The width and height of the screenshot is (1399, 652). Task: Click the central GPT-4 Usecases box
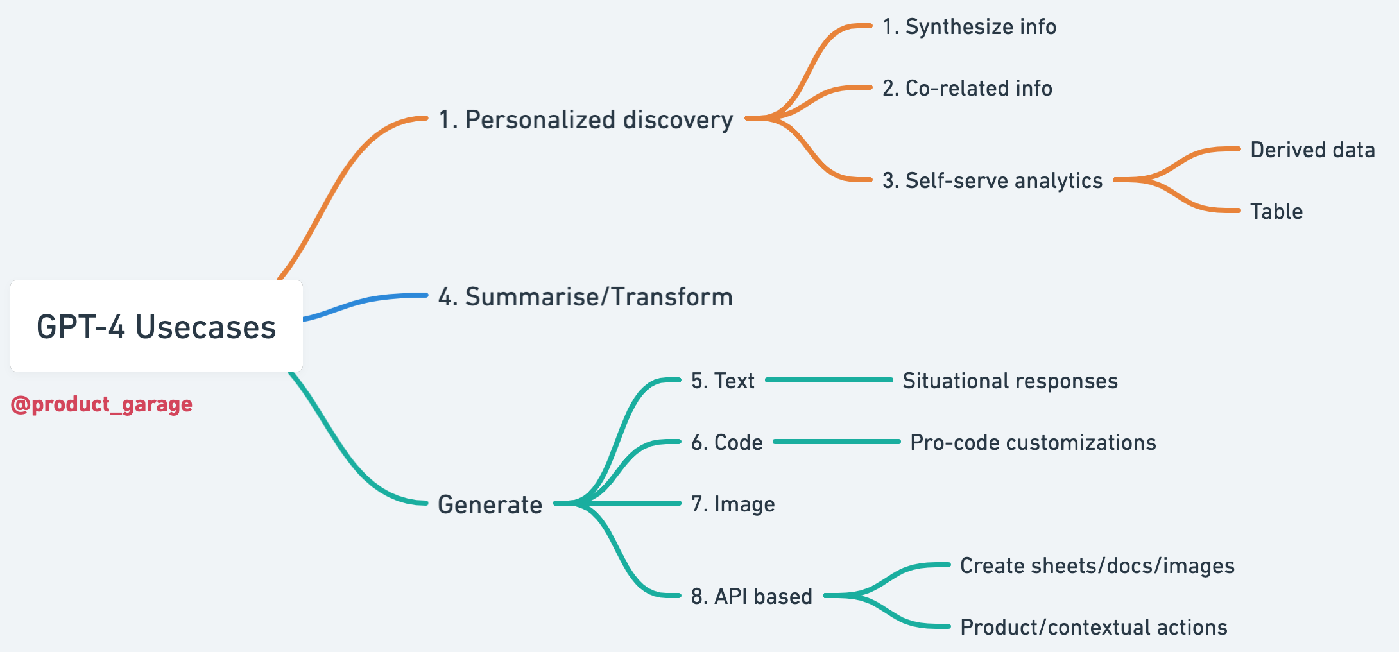coord(156,326)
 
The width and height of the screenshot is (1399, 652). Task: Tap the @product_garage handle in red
coord(101,404)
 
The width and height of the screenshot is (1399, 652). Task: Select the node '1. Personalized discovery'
coord(585,120)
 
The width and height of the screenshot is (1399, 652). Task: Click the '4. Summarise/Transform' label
coord(585,297)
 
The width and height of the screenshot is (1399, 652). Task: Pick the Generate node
coord(490,504)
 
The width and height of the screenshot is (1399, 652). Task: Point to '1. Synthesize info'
coord(969,27)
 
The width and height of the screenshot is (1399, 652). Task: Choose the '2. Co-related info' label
coord(967,89)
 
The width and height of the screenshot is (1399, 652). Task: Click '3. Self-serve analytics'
coord(992,181)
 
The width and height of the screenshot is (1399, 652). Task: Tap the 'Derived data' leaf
coord(1312,150)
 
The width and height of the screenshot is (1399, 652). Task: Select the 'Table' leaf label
coord(1276,212)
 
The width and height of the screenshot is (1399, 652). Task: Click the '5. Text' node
coord(723,381)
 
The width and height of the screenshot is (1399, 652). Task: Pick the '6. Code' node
coord(726,443)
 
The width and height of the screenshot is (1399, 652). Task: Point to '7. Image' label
coord(733,504)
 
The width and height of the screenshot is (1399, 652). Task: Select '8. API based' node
coord(751,597)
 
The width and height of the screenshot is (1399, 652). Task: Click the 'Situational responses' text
coord(1010,381)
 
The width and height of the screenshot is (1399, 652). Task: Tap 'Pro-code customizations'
coord(1033,443)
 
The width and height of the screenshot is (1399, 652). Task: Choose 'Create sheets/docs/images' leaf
coord(1097,566)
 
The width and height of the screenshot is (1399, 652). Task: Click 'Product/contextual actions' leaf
coord(1094,628)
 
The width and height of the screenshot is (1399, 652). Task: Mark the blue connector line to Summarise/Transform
coord(366,301)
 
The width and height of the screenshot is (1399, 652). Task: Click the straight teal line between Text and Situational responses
coord(829,380)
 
